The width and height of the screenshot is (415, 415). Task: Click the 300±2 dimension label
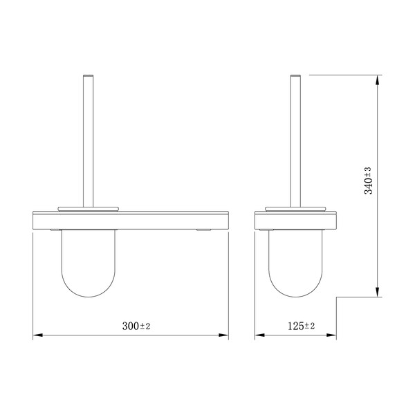click(x=136, y=326)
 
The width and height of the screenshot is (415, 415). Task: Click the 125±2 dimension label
click(x=301, y=326)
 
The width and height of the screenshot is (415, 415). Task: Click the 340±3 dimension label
click(x=368, y=181)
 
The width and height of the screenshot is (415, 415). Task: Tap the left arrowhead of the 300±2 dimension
click(x=37, y=335)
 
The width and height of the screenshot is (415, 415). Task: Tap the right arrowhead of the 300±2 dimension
click(x=223, y=335)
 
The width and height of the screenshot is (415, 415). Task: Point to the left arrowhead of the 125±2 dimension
click(x=259, y=335)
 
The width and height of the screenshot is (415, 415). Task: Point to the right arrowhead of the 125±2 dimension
click(x=331, y=335)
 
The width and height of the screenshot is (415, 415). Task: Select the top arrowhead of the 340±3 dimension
click(x=378, y=80)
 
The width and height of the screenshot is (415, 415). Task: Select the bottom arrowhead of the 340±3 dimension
click(x=378, y=292)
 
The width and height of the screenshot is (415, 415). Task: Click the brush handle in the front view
click(x=88, y=141)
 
